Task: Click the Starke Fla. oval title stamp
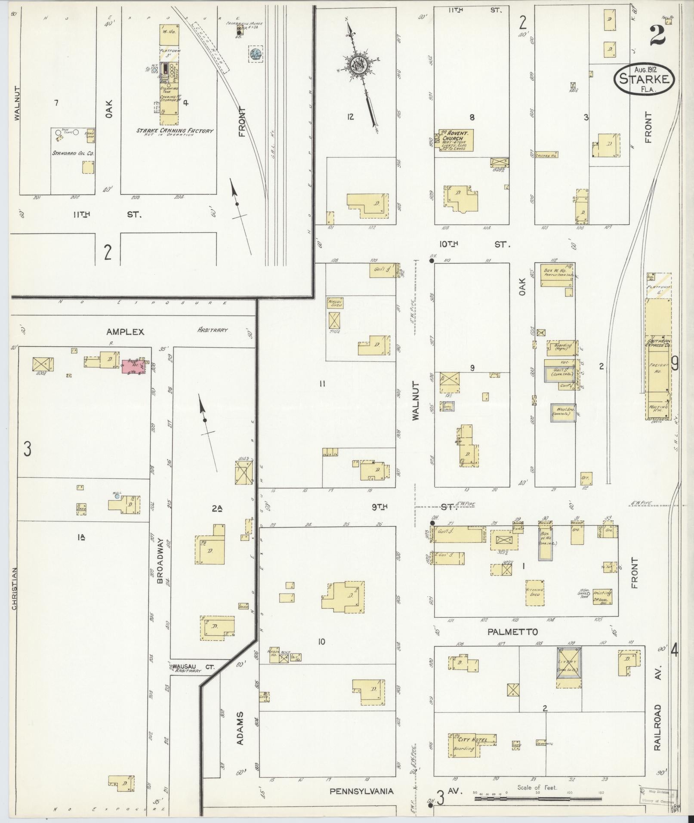pos(644,79)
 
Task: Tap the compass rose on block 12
pos(358,65)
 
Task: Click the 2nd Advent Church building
pos(456,140)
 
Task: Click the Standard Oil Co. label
pos(73,153)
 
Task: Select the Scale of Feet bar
pos(538,798)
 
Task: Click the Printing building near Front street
pos(602,597)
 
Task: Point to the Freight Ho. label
pos(658,368)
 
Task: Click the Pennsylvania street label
pos(361,791)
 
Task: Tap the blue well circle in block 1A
pos(117,496)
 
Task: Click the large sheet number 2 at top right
pos(658,35)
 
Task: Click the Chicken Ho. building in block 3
pos(546,155)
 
